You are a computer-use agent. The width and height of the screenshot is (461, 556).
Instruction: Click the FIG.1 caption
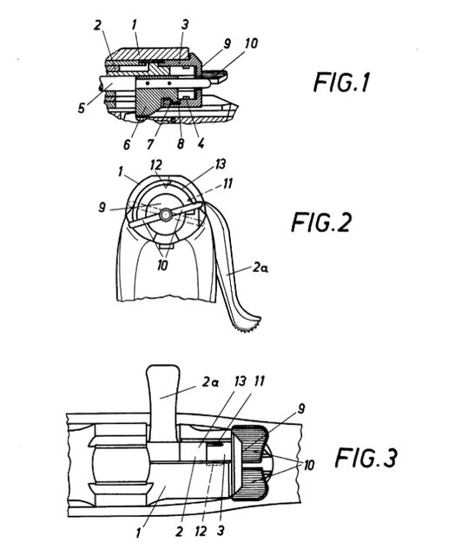341,82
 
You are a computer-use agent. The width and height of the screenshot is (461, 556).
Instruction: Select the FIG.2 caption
321,222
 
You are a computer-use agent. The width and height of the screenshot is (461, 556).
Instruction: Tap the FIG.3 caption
366,458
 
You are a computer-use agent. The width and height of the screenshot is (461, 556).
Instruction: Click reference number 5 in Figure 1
82,108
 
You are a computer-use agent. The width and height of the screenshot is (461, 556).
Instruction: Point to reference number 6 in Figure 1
127,144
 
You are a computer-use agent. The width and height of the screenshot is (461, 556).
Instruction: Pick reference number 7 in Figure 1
150,144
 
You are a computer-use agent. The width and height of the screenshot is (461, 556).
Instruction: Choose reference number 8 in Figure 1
181,143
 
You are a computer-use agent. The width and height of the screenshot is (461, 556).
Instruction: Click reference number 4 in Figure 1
201,143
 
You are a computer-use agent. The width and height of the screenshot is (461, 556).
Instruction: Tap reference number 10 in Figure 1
251,43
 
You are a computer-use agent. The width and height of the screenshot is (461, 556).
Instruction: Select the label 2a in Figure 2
260,268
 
